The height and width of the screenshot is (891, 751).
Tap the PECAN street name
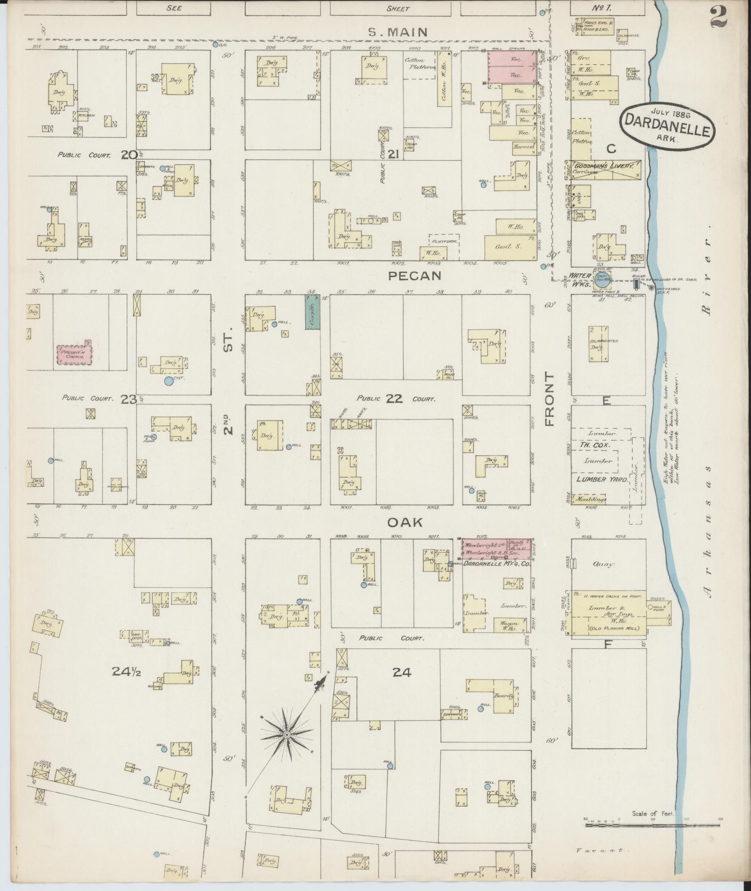pyautogui.click(x=415, y=276)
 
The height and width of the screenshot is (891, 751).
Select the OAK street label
pyautogui.click(x=405, y=523)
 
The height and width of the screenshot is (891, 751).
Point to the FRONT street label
pyautogui.click(x=550, y=399)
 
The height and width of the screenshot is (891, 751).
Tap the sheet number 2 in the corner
pyautogui.click(x=719, y=17)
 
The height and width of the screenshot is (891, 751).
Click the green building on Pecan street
pyautogui.click(x=312, y=312)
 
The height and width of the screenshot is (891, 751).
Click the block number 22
pyautogui.click(x=396, y=399)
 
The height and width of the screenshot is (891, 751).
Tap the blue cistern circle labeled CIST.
pyautogui.click(x=168, y=381)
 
